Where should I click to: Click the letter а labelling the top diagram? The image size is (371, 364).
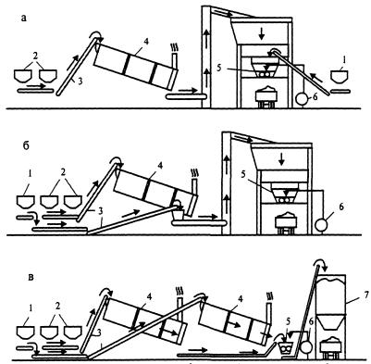24,19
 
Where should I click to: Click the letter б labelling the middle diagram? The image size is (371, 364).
26,145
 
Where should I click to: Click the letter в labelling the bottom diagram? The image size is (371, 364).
31,277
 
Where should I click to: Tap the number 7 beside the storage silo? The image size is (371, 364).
365,295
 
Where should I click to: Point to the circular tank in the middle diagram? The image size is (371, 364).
322,225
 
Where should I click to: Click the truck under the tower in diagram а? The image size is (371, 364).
267,96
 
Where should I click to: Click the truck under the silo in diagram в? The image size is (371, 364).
330,346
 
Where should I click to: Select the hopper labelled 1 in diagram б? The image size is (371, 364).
26,202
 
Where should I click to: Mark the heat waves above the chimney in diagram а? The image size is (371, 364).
174,47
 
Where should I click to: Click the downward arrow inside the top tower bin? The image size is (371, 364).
262,34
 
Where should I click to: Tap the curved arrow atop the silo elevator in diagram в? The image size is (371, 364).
320,263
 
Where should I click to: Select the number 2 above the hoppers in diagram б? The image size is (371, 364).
63,172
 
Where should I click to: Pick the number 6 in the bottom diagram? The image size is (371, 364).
311,322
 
